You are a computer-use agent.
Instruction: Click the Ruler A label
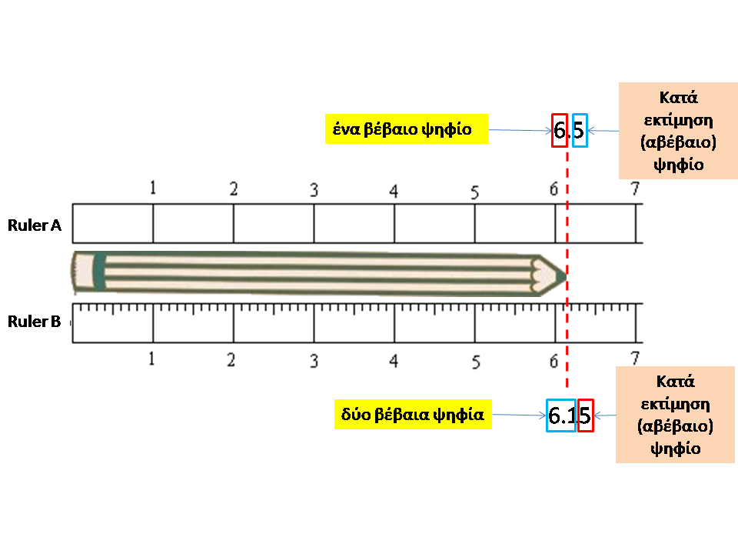(x=35, y=225)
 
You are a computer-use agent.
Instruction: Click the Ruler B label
(x=35, y=322)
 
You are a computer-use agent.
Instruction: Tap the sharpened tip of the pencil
(x=567, y=275)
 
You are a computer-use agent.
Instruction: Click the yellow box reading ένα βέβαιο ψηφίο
(x=407, y=128)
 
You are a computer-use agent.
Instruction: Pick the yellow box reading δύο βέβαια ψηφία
(x=413, y=415)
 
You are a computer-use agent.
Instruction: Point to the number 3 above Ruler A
(x=314, y=190)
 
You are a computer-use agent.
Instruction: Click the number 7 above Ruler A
(x=635, y=189)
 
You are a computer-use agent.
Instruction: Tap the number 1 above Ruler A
(x=152, y=188)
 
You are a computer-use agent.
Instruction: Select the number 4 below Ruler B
(x=394, y=361)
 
